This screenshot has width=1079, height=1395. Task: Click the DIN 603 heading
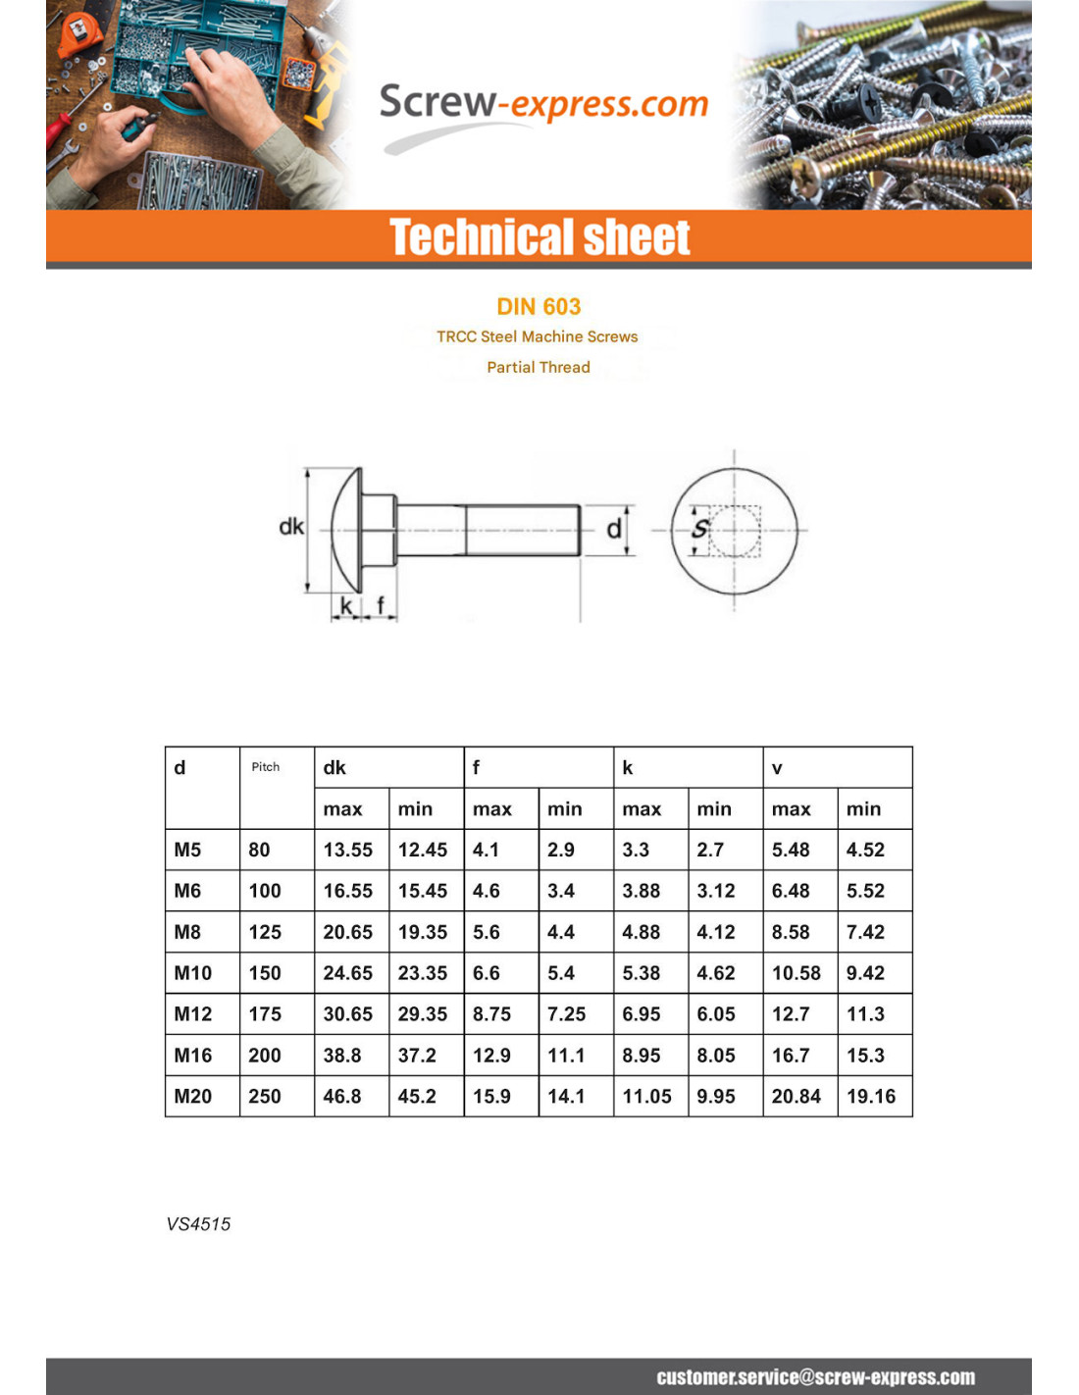pyautogui.click(x=539, y=307)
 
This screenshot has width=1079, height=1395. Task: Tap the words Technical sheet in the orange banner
pyautogui.click(x=539, y=237)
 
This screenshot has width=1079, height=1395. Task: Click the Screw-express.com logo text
pyautogui.click(x=543, y=104)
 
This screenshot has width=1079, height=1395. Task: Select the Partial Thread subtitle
pyautogui.click(x=539, y=367)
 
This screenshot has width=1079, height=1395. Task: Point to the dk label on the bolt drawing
pyautogui.click(x=291, y=527)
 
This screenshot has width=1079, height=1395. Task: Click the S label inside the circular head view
pyautogui.click(x=699, y=529)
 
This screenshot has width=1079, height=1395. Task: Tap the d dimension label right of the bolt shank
pyautogui.click(x=613, y=530)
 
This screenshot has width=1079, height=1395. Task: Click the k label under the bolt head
pyautogui.click(x=346, y=606)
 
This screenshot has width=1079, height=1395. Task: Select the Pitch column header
pyautogui.click(x=265, y=767)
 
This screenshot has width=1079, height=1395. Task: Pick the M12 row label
pyautogui.click(x=192, y=1014)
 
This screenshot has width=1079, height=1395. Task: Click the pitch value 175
pyautogui.click(x=265, y=1014)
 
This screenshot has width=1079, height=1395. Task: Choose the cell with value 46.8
pyautogui.click(x=342, y=1097)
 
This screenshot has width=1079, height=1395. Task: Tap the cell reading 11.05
pyautogui.click(x=646, y=1097)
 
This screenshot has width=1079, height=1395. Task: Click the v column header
pyautogui.click(x=777, y=768)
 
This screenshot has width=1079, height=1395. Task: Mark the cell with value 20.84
pyautogui.click(x=796, y=1097)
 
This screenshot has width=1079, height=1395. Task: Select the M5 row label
pyautogui.click(x=187, y=850)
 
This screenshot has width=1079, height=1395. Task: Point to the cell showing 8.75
pyautogui.click(x=491, y=1014)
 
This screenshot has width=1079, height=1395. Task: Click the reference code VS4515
pyautogui.click(x=198, y=1224)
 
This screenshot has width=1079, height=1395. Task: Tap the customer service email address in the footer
pyautogui.click(x=815, y=1377)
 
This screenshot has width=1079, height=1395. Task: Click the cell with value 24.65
pyautogui.click(x=348, y=973)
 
